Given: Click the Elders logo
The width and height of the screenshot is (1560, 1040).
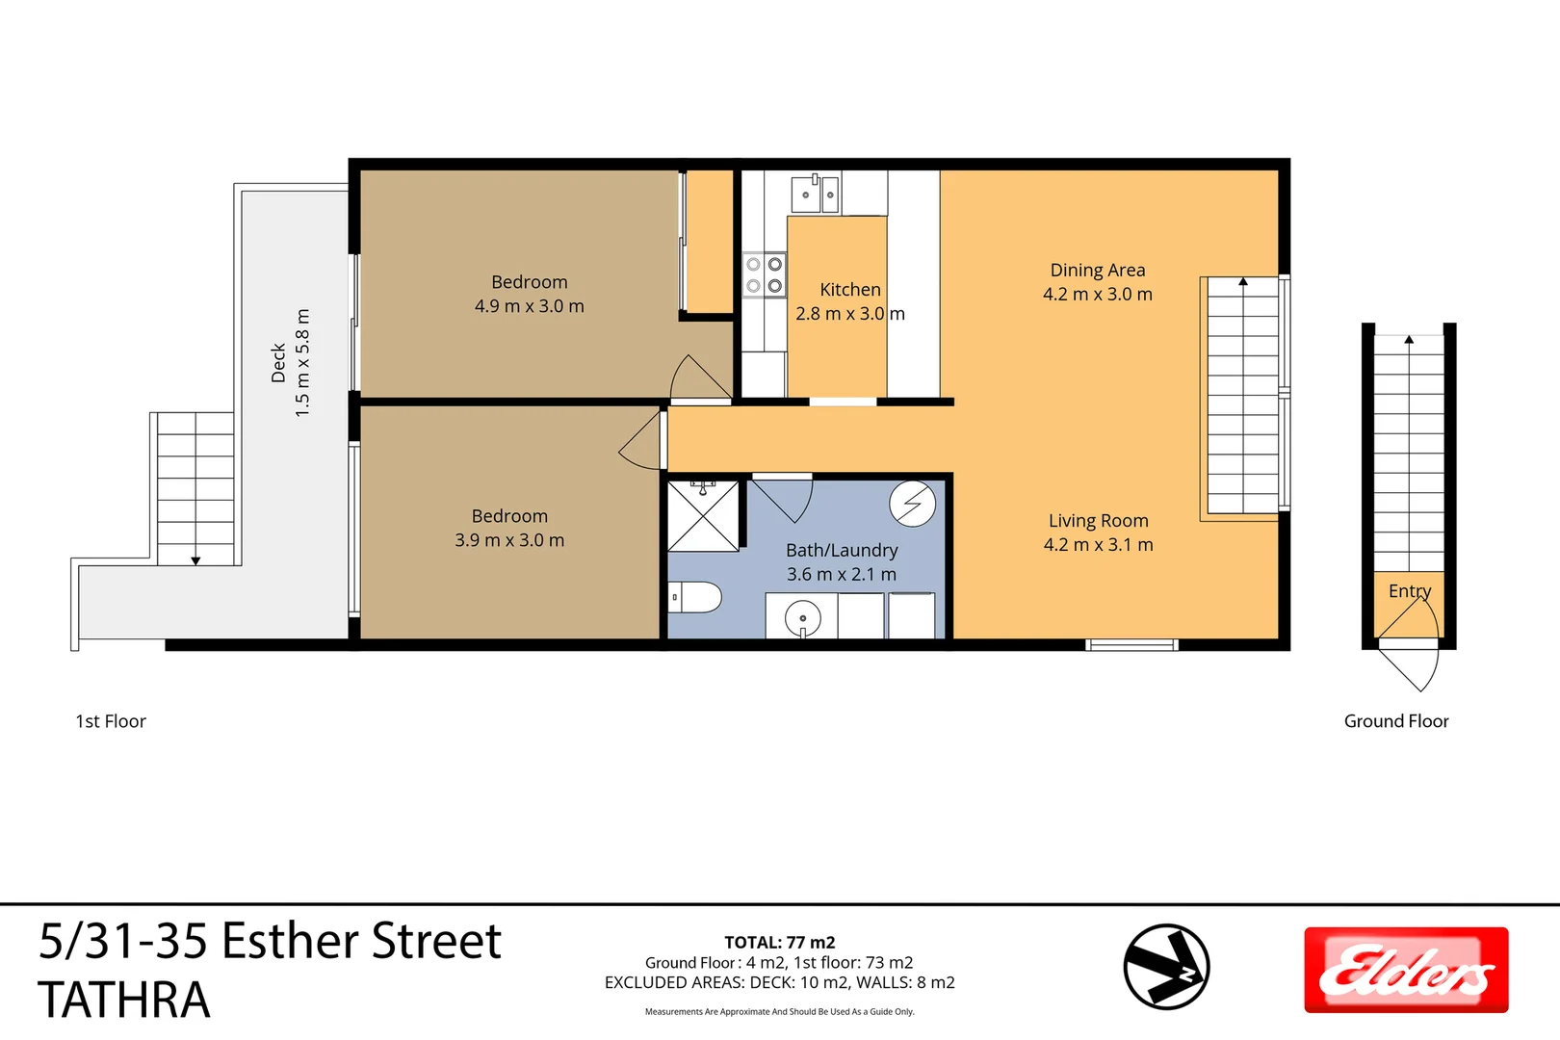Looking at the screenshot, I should point(1406,970).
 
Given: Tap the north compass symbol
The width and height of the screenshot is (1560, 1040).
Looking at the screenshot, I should point(1166,967).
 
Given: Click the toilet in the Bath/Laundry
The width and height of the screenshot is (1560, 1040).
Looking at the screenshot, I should point(695,598).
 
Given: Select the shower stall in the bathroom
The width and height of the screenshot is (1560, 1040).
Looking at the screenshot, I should point(704,516).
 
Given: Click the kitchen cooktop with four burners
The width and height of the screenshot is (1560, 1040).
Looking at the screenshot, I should point(765,274).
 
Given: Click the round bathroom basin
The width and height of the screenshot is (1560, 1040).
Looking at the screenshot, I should point(802,616).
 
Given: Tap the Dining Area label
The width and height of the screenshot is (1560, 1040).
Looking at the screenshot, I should point(1098,271).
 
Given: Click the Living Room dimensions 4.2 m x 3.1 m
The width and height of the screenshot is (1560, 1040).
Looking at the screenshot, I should point(1098,545).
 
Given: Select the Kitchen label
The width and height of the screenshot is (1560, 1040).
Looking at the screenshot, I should point(850,290).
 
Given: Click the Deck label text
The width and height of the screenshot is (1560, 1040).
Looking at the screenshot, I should point(279,363).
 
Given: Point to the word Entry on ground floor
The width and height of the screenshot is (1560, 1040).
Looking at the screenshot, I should point(1410,591).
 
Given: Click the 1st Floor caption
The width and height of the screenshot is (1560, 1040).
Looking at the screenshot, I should point(111,721).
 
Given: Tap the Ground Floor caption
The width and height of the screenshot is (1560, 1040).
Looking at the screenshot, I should point(1396,721).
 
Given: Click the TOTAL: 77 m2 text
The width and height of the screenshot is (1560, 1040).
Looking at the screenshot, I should point(780,943).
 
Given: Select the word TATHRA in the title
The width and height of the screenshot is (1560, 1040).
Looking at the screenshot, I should point(124,1000).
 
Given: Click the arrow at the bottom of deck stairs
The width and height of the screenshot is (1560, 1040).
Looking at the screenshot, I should point(195,560).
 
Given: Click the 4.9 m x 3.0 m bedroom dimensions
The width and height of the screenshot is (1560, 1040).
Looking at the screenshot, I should point(529,306).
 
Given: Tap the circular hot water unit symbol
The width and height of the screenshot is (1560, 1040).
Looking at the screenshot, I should point(912,504).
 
